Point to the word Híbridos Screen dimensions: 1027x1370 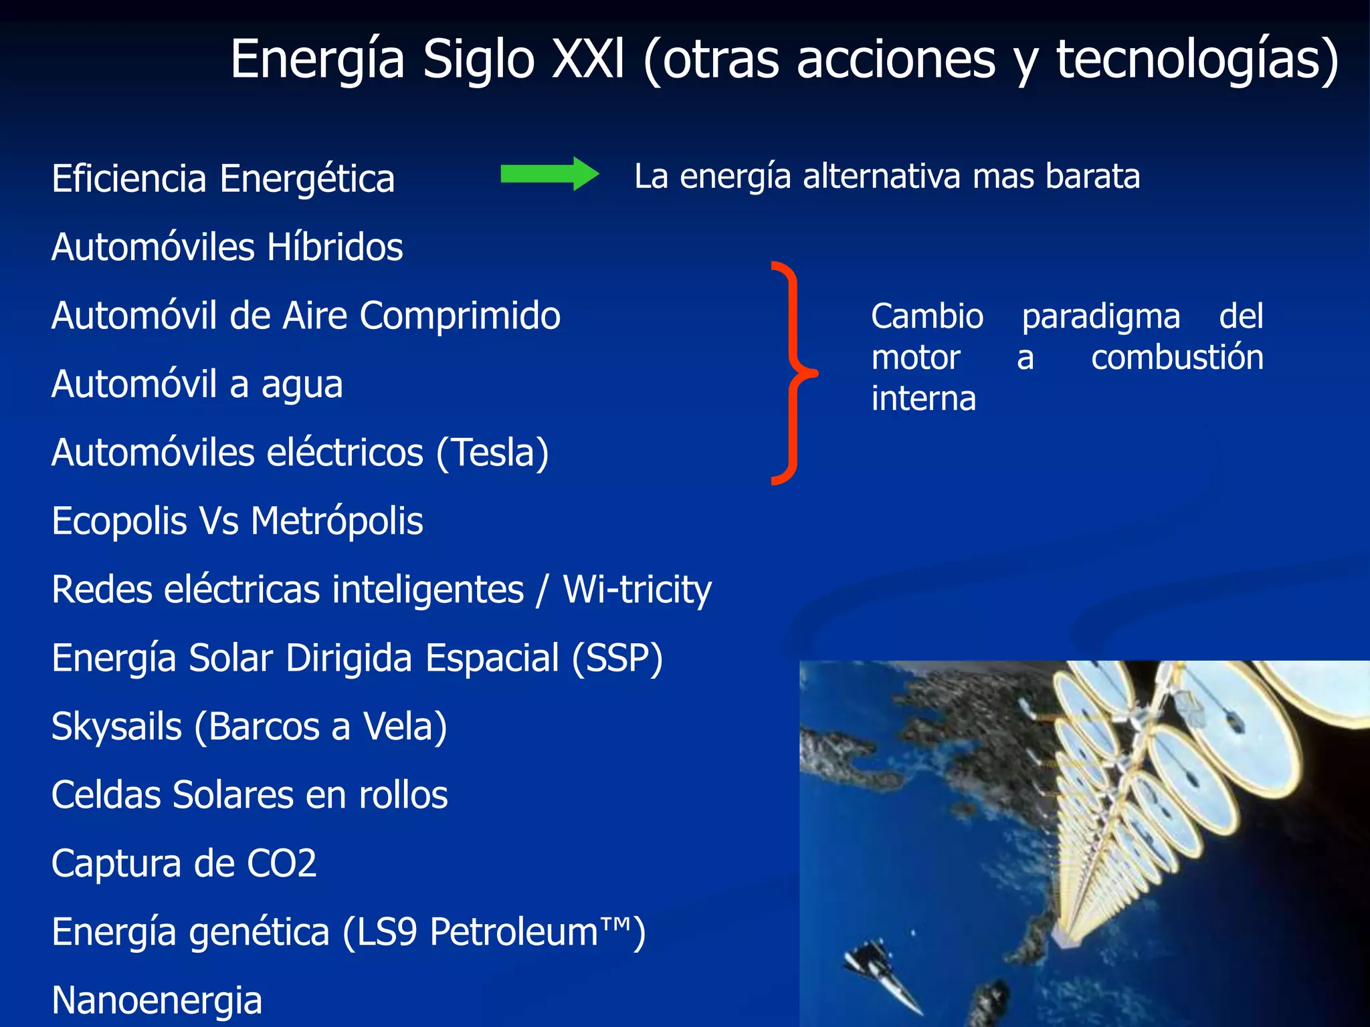pos(334,247)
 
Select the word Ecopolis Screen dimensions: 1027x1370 pos(119,522)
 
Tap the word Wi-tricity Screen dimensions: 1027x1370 pos(637,590)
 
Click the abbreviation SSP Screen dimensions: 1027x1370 pos(617,658)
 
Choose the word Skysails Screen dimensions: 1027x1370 pos(116,727)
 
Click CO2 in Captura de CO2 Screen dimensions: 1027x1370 pos(281,863)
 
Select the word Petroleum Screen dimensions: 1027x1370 pos(514,932)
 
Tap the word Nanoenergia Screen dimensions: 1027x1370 pos(157,1001)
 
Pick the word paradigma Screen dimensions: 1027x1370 pos(1100,317)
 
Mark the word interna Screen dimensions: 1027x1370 pos(923,399)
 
